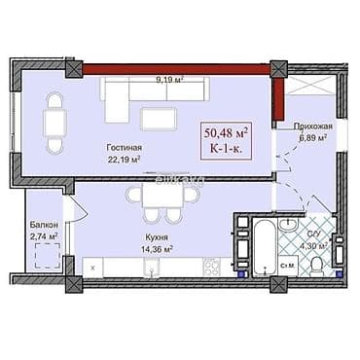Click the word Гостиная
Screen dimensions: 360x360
125,148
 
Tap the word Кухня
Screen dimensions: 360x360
146,237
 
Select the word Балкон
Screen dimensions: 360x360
42,224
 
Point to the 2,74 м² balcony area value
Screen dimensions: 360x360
42,235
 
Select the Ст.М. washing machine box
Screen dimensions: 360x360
288,265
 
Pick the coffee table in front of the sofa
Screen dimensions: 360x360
159,118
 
